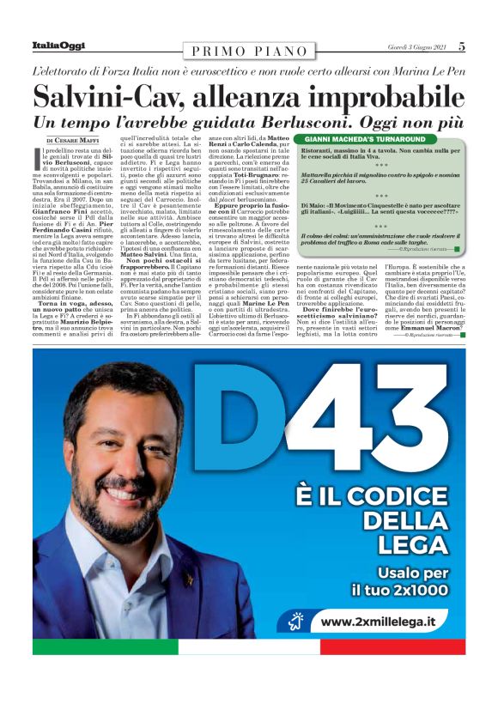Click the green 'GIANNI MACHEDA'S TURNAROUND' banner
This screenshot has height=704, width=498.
[x=365, y=139]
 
